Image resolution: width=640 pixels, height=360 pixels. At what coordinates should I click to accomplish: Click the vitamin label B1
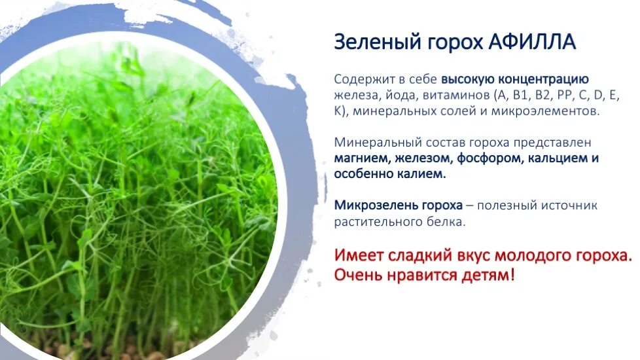(520, 96)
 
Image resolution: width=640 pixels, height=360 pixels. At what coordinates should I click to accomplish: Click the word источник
(568, 206)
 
